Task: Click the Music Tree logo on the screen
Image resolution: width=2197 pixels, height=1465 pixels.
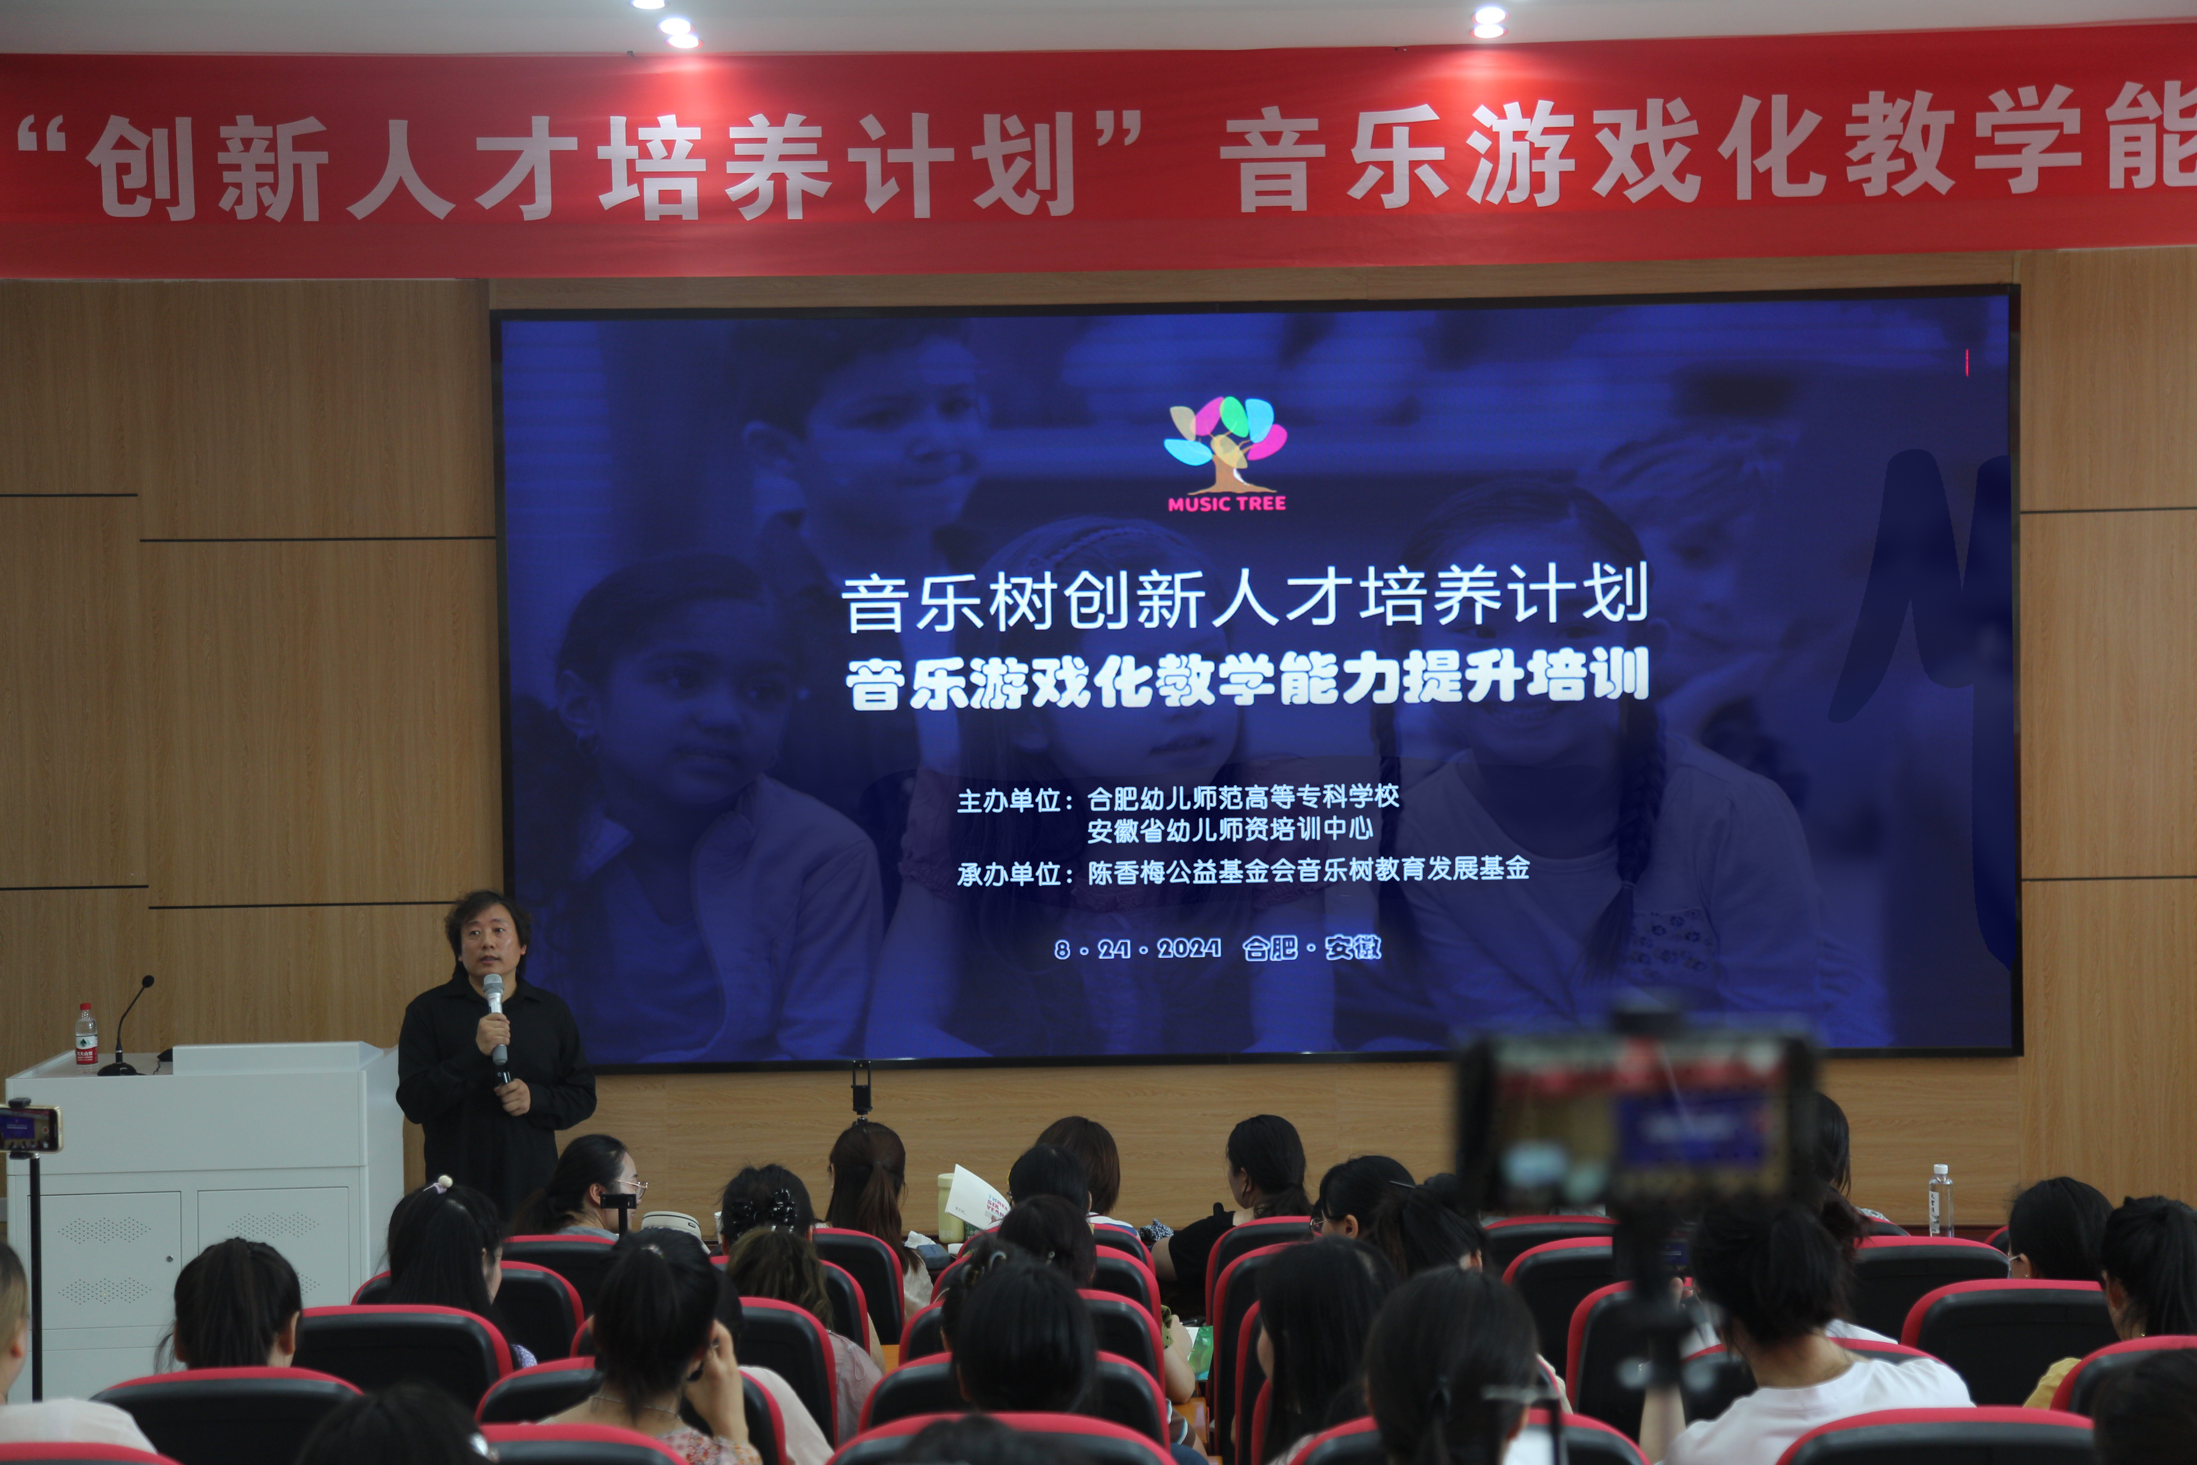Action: [1225, 453]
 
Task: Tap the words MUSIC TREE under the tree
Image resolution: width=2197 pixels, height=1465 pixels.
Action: [1227, 504]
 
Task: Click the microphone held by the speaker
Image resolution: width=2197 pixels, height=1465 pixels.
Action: [495, 1018]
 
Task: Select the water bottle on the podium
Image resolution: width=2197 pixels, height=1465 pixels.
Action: [86, 1035]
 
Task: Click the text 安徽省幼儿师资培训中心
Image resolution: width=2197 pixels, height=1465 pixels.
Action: [1229, 829]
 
